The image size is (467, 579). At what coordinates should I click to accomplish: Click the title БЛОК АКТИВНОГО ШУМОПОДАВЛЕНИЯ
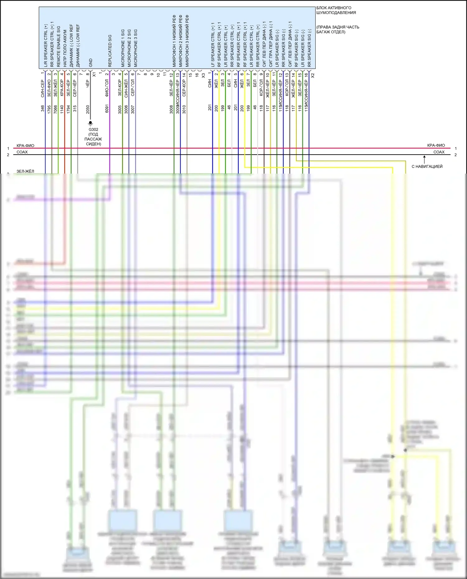pos(336,10)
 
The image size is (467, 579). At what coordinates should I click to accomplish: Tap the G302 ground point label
pos(93,129)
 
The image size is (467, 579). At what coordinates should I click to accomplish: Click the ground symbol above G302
pos(91,123)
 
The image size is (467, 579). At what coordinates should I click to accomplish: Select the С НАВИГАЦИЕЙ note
pos(427,166)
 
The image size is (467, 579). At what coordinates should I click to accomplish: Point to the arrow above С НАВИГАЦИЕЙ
pos(424,159)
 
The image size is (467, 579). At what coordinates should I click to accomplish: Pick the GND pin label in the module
pos(91,63)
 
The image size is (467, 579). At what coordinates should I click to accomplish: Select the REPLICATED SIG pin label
pos(110,51)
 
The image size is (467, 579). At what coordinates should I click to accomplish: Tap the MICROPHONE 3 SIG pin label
pos(135,48)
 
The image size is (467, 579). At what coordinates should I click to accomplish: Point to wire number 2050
pos(88,109)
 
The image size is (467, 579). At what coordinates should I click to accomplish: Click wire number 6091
pos(107,109)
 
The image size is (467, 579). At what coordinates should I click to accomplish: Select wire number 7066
pos(55,109)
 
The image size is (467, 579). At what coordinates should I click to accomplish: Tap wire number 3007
pos(133,109)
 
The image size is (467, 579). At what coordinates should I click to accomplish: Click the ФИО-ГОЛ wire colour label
pos(107,88)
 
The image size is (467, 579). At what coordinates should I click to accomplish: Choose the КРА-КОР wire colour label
pos(62,88)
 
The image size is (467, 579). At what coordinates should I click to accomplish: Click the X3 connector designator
pos(203,75)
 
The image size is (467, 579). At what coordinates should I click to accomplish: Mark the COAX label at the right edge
pos(439,152)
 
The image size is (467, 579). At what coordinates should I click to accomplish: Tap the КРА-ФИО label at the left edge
pos(26,146)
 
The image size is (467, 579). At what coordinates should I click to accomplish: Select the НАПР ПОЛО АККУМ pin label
pos(65,48)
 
